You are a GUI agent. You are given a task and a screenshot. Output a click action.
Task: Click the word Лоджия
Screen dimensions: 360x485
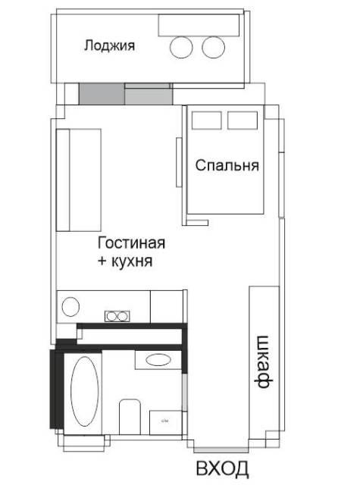[x=109, y=45]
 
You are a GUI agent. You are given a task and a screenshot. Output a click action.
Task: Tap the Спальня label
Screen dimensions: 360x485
[x=227, y=165]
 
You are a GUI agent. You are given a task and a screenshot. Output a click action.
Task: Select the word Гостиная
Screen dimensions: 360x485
[x=131, y=242]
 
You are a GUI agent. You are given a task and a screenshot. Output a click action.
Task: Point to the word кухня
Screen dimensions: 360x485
[x=132, y=261]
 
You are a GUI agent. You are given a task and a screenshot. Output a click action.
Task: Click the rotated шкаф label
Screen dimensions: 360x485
[x=265, y=361]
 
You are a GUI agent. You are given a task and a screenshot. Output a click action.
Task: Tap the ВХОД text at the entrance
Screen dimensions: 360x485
[x=222, y=468]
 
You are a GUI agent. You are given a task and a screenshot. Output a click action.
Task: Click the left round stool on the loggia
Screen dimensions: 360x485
[x=181, y=47]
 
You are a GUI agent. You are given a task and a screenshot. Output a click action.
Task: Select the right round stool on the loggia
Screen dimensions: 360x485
[x=214, y=47]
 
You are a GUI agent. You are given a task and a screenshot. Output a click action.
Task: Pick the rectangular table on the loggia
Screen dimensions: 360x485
[x=199, y=25]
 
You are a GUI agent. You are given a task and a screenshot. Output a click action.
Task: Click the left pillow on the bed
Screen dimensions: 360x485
[x=207, y=120]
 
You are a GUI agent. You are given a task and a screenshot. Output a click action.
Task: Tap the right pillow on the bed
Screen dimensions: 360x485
[x=243, y=120]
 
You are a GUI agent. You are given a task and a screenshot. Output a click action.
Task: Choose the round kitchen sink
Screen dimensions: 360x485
[x=70, y=306]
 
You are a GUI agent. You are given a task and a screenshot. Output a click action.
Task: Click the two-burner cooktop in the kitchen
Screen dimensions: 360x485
[x=117, y=316]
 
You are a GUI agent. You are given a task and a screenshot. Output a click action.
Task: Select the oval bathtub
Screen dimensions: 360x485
[x=85, y=391]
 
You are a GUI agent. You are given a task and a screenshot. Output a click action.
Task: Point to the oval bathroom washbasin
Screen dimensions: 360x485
[x=158, y=360]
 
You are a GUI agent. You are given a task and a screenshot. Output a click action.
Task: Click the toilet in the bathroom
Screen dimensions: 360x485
[x=130, y=417]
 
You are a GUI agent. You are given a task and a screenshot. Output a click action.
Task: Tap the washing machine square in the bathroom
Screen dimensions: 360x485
[x=166, y=423]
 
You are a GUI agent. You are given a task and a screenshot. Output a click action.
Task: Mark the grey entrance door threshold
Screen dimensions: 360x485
[x=221, y=450]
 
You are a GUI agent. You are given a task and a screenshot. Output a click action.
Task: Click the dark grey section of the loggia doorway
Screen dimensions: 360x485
[x=102, y=94]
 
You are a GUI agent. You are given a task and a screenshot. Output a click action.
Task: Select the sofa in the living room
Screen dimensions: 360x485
[x=79, y=180]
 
